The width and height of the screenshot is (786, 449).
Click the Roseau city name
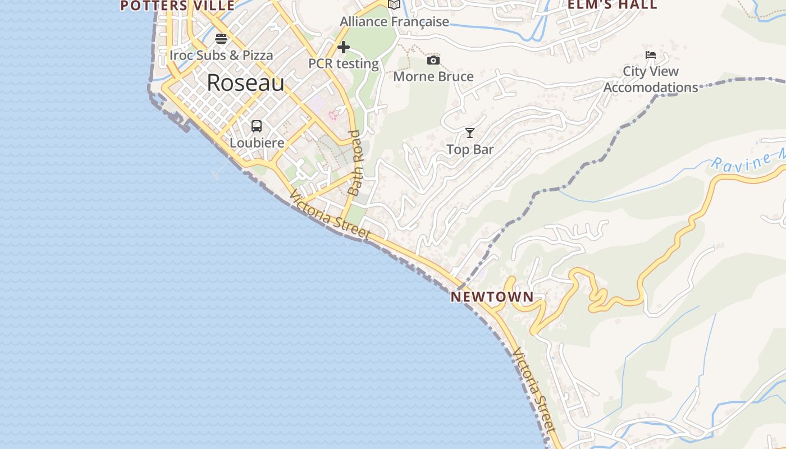246,83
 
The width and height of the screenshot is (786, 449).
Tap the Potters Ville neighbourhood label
177,6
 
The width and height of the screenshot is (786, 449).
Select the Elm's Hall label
613,5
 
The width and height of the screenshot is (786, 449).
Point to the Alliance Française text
395,22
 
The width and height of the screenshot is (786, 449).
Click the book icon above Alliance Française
395,5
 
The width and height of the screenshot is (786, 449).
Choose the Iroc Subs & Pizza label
221,56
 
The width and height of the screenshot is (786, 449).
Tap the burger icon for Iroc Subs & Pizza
221,39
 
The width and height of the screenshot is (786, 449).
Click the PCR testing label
344,64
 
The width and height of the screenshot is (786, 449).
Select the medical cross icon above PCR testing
344,47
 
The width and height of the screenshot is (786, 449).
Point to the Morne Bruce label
433,77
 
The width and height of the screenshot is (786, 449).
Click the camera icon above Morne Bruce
433,60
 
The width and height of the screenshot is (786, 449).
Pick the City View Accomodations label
651,80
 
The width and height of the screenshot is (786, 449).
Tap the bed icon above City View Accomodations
651,55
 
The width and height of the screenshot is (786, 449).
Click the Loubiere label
257,143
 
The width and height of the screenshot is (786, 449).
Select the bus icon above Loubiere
257,126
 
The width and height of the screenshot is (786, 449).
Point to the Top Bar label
470,150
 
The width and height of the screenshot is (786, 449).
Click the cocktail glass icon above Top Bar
470,133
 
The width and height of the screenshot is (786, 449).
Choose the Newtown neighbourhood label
492,297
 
